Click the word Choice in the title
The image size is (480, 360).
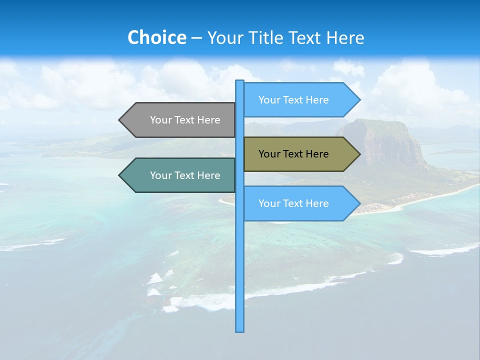point(156,37)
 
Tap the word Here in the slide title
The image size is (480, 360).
point(345,37)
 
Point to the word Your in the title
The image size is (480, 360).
point(225,37)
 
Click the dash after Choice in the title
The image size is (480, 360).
point(196,38)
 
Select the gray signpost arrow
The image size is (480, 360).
point(180,120)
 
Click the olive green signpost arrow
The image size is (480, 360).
point(300,154)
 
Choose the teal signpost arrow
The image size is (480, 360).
point(180,175)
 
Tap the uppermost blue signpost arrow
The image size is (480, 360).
point(300,100)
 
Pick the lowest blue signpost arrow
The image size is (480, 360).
point(300,203)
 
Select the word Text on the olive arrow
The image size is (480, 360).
point(293,154)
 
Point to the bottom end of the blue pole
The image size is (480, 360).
point(240,330)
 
